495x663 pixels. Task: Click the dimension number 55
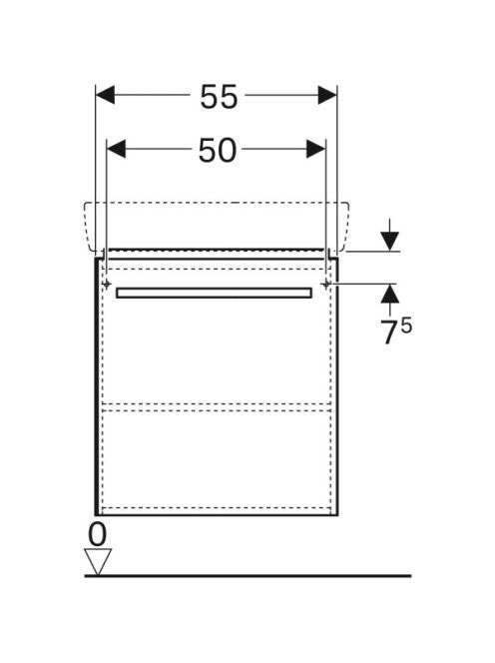point(219,97)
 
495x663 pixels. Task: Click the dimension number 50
point(218,151)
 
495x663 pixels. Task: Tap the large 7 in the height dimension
point(389,331)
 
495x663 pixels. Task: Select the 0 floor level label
point(97,534)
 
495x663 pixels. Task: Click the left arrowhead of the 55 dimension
point(105,95)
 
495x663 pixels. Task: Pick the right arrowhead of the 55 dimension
point(327,95)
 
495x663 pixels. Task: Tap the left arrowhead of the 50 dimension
point(116,149)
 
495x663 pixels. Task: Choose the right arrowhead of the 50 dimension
point(316,149)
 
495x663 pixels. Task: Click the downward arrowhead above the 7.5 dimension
point(390,242)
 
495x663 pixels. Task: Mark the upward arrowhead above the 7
point(390,294)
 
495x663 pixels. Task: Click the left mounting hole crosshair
point(107,284)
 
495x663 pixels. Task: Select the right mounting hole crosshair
point(325,285)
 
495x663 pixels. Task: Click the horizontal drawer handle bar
point(214,293)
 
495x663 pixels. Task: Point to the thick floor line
point(247,576)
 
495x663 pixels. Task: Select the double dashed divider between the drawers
point(217,407)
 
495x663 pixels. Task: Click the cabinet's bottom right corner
point(337,515)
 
